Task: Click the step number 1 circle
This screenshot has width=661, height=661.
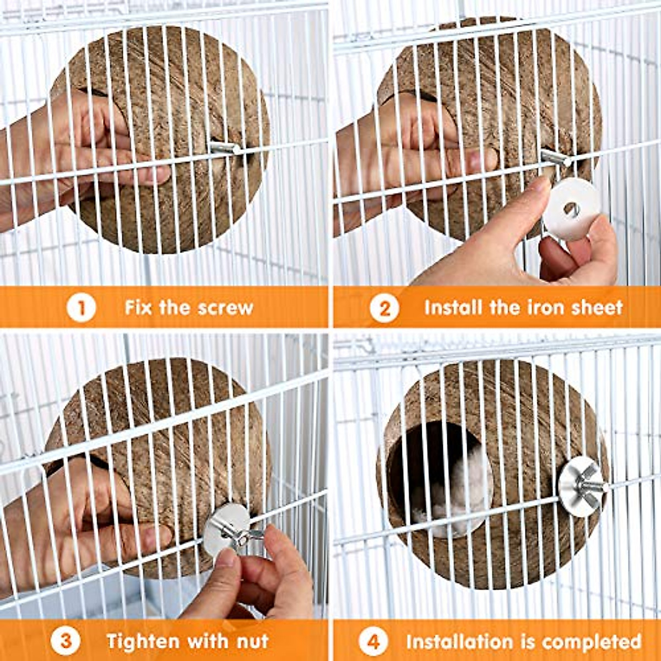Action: [81, 307]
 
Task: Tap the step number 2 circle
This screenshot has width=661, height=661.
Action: [384, 307]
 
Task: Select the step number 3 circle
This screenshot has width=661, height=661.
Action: [66, 641]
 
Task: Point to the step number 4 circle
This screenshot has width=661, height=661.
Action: [373, 641]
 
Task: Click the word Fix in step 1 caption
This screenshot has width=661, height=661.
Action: [138, 307]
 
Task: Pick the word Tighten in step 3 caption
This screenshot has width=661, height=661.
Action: [143, 641]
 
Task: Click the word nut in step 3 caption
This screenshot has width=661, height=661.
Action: [251, 642]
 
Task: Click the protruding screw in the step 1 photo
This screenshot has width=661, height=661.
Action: [226, 148]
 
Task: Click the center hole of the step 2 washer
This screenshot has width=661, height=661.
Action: [571, 208]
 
